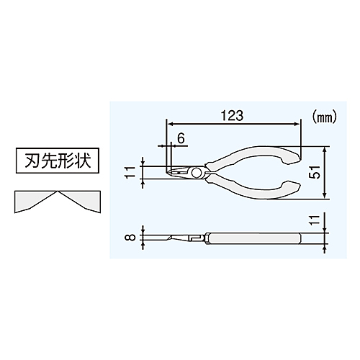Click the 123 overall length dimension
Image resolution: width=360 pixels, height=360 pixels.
point(232,115)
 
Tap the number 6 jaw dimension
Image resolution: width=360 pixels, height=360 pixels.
point(181,138)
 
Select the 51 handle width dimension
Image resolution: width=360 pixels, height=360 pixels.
point(317,172)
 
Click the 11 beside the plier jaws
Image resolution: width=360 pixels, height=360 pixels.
point(131,172)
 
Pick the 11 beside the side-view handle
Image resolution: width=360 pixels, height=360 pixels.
point(317,220)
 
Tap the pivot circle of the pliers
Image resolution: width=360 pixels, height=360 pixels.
point(197,173)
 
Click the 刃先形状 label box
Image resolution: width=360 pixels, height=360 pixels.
point(58,161)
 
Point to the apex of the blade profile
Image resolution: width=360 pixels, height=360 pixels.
point(57,192)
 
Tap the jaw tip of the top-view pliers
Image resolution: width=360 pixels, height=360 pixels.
point(168,173)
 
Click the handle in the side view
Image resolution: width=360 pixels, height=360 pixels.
point(254,238)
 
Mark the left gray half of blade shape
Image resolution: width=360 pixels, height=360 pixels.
point(36,200)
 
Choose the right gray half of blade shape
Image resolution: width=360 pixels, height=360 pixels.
point(78,200)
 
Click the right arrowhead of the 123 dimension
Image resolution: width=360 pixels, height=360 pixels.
point(297,124)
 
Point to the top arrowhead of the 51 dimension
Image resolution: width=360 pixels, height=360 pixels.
point(325,149)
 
